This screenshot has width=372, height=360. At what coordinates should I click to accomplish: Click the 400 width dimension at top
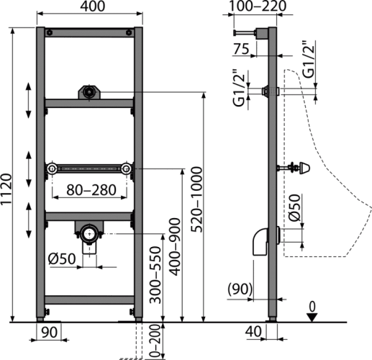pos(92,6)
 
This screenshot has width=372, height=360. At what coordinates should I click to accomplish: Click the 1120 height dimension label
pos(6,189)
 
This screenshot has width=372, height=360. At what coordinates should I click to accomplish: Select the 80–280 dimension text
pos(91,190)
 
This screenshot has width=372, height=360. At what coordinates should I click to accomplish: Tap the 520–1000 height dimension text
pos(196,199)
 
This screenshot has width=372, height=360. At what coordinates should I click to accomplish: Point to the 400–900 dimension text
pos(175,247)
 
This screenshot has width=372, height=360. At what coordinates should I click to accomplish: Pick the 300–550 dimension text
pos(155,275)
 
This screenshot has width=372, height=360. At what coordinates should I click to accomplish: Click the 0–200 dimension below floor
pos(155,341)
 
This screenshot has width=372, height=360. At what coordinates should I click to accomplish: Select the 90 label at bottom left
pos(49,332)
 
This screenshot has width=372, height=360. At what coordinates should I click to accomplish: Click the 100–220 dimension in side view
pos(258,6)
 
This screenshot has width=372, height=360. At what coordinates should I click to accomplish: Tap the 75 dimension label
pos(241,49)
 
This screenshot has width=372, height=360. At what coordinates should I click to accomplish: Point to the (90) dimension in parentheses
pos(240,289)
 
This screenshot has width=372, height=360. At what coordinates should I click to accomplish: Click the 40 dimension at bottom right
pos(253,332)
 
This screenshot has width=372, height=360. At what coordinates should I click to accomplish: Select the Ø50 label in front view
pos(62,258)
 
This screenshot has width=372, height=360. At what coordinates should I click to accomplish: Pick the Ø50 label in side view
pos(294,207)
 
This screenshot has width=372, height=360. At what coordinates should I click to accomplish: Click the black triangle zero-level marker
pos(312,318)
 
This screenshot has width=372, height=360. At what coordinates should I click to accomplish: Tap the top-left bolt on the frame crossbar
pos(50,32)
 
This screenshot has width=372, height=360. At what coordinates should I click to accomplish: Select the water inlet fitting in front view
pos(89,92)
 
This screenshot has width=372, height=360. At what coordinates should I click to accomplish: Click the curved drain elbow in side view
pos(260,242)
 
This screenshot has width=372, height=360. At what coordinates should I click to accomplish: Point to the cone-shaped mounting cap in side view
pos(304,168)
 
